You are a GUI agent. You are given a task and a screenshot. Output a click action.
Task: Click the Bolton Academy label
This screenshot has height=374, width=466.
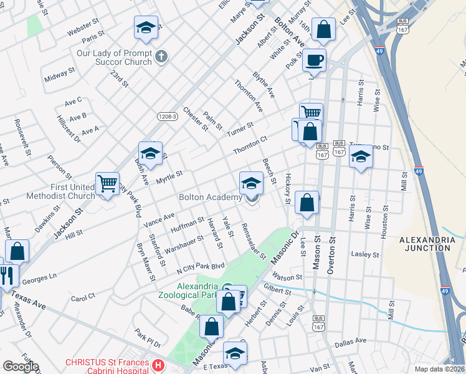210,198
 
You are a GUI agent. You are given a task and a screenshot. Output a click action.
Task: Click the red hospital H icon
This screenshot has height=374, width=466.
159,365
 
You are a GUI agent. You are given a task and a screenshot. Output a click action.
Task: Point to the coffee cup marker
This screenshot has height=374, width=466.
314,60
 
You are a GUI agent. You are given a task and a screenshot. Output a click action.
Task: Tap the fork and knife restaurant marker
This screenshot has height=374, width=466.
7,274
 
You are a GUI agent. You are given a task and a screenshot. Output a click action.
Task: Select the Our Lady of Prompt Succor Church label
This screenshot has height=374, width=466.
114,57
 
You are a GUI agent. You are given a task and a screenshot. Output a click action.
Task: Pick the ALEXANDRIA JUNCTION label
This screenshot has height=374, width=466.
424,244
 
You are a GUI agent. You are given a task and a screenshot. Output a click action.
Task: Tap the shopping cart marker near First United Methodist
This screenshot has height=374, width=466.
107,184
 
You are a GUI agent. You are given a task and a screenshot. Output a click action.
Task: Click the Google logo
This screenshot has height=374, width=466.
21,367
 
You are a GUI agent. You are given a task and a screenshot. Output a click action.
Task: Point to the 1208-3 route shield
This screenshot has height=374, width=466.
167,116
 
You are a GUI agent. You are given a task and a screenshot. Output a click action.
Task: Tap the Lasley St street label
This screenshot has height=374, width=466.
365,254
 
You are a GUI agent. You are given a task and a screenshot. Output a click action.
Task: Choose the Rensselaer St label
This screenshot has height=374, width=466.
254,241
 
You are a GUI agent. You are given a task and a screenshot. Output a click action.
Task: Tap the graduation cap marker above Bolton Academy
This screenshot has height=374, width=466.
251,183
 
